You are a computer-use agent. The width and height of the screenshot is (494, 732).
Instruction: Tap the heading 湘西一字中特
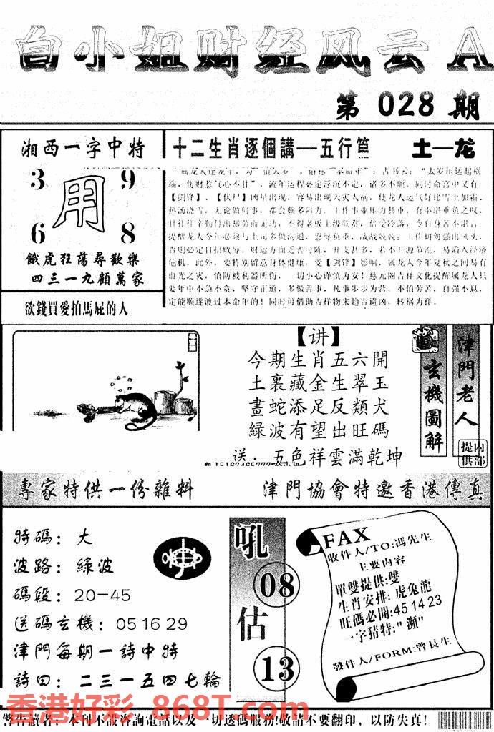pyautogui.click(x=84, y=149)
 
